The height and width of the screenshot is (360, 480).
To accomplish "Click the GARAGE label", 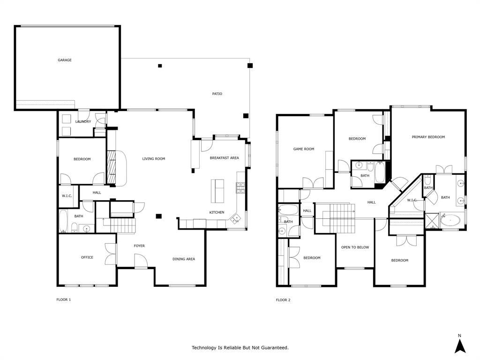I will pyautogui.click(x=65, y=60).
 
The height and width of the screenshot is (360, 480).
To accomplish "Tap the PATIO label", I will pyautogui.click(x=217, y=94).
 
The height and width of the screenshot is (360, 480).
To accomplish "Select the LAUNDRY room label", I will pyautogui.click(x=83, y=122).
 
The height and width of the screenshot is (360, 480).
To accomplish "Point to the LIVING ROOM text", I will pyautogui.click(x=154, y=159).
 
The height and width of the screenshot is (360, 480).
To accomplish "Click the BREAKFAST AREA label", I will pyautogui.click(x=224, y=158).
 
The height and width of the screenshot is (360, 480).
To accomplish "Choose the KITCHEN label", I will pyautogui.click(x=217, y=212).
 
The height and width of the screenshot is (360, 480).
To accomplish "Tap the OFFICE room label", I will pyautogui.click(x=87, y=257).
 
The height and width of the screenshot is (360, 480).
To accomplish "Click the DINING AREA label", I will pyautogui.click(x=184, y=259).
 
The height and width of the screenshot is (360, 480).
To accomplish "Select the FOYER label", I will pyautogui.click(x=139, y=246).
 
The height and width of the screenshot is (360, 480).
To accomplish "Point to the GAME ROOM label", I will pyautogui.click(x=304, y=149).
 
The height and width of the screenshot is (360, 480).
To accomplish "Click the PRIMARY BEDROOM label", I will pyautogui.click(x=428, y=137).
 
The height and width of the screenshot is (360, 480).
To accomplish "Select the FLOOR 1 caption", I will pyautogui.click(x=63, y=300).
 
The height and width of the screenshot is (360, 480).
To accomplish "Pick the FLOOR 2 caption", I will pyautogui.click(x=283, y=300).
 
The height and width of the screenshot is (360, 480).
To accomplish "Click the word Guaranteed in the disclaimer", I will pyautogui.click(x=273, y=348).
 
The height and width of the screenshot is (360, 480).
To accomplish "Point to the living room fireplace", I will pyautogui.click(x=112, y=167).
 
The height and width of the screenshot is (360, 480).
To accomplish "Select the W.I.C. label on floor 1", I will pyautogui.click(x=67, y=195).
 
